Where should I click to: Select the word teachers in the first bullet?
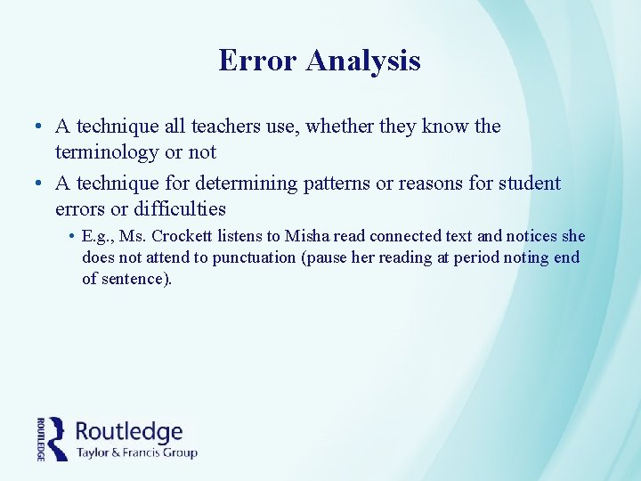click(x=225, y=126)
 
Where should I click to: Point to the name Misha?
click(x=306, y=236)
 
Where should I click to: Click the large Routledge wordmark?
click(x=129, y=431)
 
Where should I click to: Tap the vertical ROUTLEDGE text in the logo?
click(x=41, y=438)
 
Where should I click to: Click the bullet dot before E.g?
click(x=69, y=237)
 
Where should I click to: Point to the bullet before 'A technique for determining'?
click(x=41, y=184)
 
